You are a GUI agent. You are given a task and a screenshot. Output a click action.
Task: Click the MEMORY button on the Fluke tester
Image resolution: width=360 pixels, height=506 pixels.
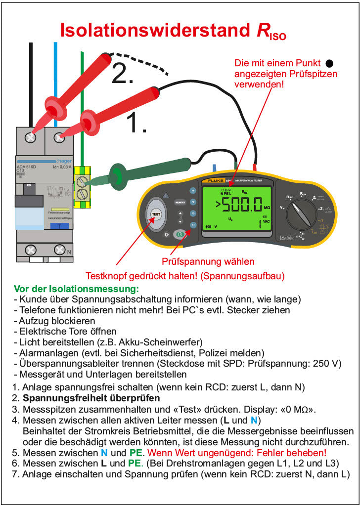tap(180, 203)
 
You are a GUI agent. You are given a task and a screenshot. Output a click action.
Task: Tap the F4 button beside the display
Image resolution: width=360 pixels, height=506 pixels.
tap(193, 225)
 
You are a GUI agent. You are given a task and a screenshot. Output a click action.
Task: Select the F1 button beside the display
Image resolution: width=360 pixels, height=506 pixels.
tap(193, 190)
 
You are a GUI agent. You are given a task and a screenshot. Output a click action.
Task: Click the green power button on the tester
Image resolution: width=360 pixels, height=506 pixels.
tap(180, 235)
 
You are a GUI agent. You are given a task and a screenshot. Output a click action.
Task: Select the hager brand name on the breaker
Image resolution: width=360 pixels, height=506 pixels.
tap(64, 161)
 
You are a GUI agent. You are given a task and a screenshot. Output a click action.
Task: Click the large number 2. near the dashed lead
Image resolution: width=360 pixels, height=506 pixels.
tap(122, 73)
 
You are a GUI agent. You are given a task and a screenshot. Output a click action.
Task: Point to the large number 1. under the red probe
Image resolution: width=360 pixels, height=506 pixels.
tap(137, 124)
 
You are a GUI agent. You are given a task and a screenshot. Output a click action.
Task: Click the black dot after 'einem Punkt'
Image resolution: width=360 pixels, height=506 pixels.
tap(330, 63)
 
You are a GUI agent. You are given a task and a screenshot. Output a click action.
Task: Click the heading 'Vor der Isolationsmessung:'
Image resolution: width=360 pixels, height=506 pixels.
tap(77, 288)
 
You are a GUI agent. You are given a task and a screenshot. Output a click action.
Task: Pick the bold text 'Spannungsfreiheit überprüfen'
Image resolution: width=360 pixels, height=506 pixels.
tap(91, 398)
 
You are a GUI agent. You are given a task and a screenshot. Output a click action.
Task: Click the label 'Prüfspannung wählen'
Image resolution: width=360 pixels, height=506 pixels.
tap(208, 261)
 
